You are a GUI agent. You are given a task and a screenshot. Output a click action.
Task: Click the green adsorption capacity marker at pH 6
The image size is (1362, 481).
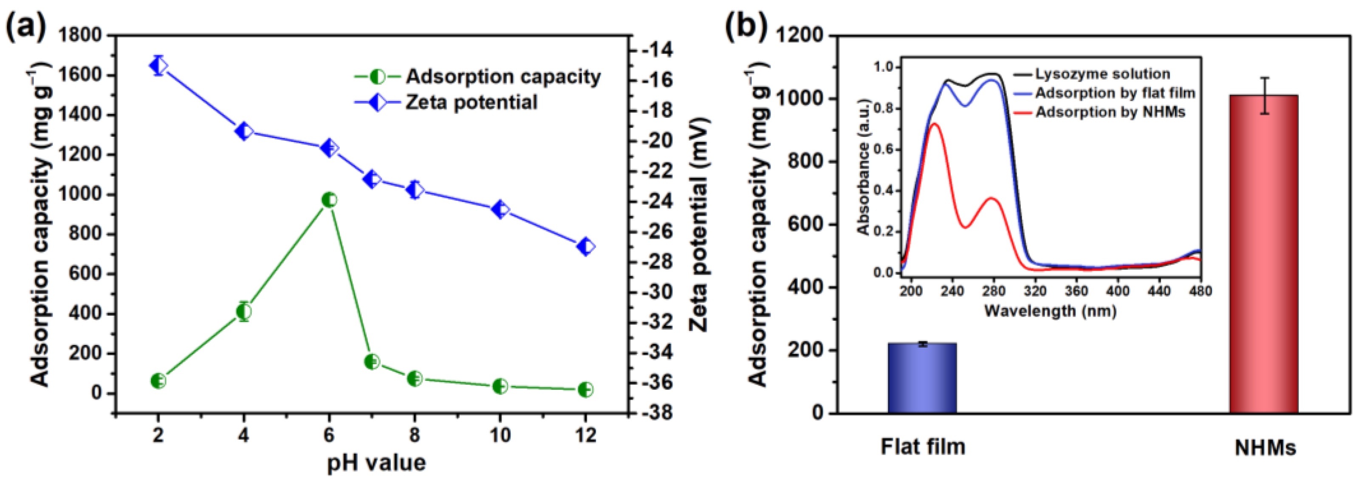coord(329,200)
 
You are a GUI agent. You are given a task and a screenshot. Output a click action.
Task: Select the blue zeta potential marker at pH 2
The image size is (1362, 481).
coord(158,65)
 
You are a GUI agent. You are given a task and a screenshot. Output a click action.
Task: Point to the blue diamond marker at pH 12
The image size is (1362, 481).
coord(585,247)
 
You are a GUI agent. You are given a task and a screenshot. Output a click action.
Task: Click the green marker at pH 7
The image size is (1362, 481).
coord(372,362)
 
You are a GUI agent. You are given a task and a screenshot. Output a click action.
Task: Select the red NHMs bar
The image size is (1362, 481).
coord(1264,254)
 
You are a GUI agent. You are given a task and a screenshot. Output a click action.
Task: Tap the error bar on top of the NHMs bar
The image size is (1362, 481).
coord(1264,96)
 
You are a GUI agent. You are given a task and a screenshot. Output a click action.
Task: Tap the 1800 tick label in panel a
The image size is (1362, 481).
coord(79,35)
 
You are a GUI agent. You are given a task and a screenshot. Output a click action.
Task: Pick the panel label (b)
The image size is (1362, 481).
coord(746,25)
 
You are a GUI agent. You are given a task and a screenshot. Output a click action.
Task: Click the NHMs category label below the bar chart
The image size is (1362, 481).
coord(1265,448)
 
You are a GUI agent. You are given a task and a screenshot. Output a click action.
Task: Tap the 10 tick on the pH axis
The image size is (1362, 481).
coord(500,435)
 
